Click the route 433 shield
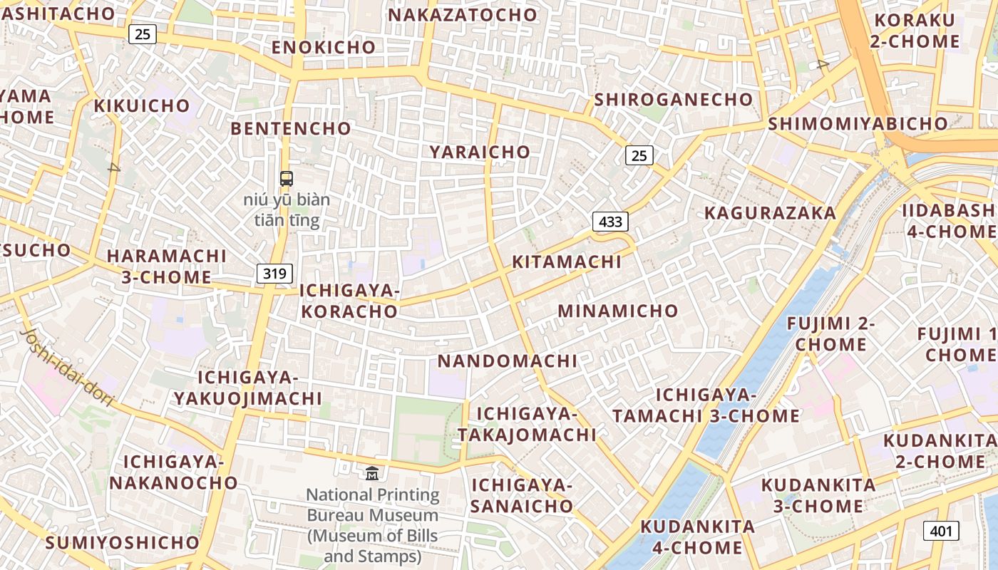[x=610, y=222]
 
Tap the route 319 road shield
[x=274, y=273]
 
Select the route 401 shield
[x=941, y=530]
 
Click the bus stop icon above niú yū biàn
[x=287, y=179]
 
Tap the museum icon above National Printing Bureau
[x=372, y=472]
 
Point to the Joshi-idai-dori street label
[x=68, y=367]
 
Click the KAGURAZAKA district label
[x=770, y=213]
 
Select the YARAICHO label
[x=480, y=152]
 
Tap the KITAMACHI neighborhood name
[x=567, y=261]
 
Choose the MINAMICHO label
[x=617, y=311]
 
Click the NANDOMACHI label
[x=508, y=361]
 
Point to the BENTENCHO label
[x=291, y=128]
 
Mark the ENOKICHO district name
[x=324, y=47]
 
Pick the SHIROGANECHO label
[x=673, y=99]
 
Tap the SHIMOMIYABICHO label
[x=858, y=123]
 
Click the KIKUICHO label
[x=143, y=106]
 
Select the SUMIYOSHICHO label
[x=123, y=542]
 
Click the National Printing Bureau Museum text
[x=373, y=525]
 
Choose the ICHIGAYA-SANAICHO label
[x=522, y=496]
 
